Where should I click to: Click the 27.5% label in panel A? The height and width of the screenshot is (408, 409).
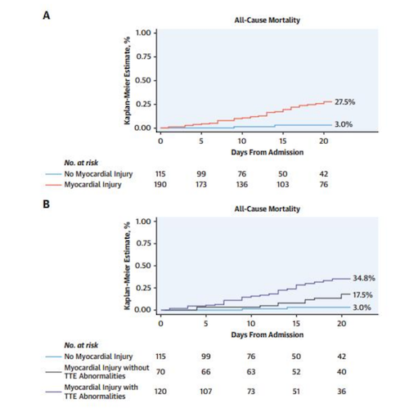coord(344,102)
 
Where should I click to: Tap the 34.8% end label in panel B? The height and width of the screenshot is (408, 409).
coord(364,278)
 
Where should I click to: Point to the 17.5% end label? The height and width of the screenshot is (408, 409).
coord(362,295)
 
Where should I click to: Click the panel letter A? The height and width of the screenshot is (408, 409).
coord(47,16)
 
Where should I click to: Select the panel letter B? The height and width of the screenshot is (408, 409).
coord(47,204)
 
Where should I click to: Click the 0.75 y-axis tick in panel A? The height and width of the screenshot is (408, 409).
coord(143,56)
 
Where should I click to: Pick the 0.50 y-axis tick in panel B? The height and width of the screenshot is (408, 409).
coord(143,266)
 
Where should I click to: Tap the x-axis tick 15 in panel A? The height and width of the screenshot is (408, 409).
coord(283,141)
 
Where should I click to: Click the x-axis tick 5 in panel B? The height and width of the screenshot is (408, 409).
coord(206,324)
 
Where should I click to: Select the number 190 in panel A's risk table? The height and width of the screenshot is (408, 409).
coord(160,185)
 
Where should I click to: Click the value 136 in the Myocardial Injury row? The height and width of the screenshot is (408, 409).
coord(242,185)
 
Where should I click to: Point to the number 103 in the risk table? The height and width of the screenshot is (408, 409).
coord(283,185)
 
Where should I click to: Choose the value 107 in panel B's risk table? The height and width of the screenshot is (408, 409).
coord(206,392)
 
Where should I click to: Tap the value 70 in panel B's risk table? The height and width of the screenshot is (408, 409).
coord(160,372)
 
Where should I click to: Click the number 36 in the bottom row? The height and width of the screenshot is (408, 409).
coord(342,392)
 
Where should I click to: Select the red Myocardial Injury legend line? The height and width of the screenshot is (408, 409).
coord(53,185)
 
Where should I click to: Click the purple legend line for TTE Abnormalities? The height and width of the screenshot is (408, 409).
coord(53,392)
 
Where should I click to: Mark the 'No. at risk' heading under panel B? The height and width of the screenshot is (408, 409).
coord(81,345)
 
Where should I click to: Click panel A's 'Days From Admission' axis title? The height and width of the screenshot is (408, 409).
coord(267,152)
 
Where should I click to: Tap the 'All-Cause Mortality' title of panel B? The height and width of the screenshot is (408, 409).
coord(267,209)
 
